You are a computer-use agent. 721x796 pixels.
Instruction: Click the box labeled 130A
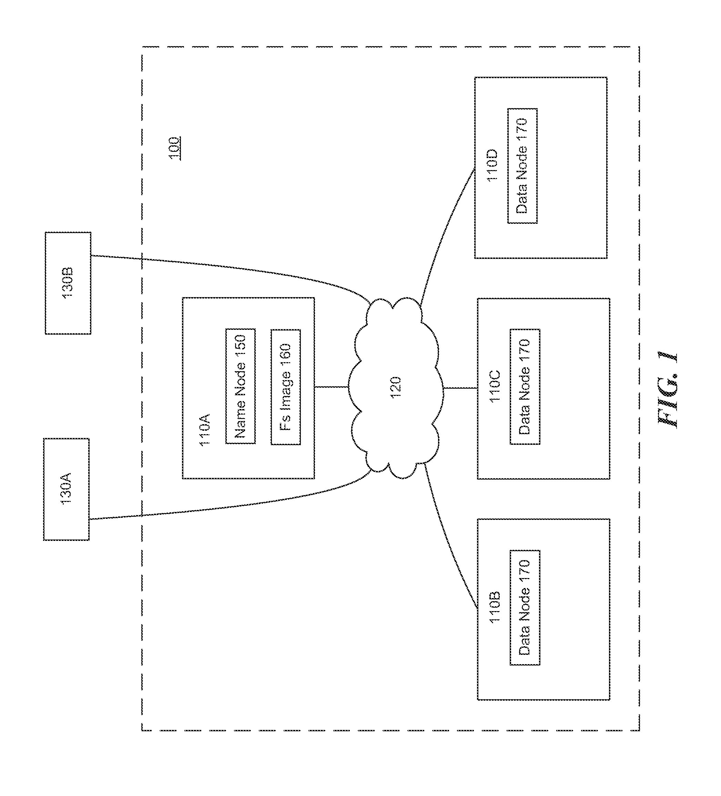66,489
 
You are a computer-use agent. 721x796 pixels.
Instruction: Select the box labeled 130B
68,283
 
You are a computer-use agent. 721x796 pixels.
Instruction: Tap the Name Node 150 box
240,386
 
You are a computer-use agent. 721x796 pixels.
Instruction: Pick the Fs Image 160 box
285,387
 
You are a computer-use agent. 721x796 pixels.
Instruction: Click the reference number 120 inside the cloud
395,388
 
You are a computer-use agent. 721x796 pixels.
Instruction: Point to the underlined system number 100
174,148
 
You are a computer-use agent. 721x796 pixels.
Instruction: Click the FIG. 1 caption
668,390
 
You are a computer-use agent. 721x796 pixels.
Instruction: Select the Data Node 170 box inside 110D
522,166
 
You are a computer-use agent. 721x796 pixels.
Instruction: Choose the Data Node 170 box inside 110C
525,387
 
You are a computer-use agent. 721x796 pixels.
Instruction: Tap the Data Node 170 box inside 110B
525,608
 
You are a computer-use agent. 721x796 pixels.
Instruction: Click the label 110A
204,430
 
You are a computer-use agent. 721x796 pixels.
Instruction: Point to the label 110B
495,607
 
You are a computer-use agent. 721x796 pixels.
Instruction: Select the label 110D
492,165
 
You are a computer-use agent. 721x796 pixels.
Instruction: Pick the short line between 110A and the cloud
331,387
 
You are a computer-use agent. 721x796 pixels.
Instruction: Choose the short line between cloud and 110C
460,388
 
